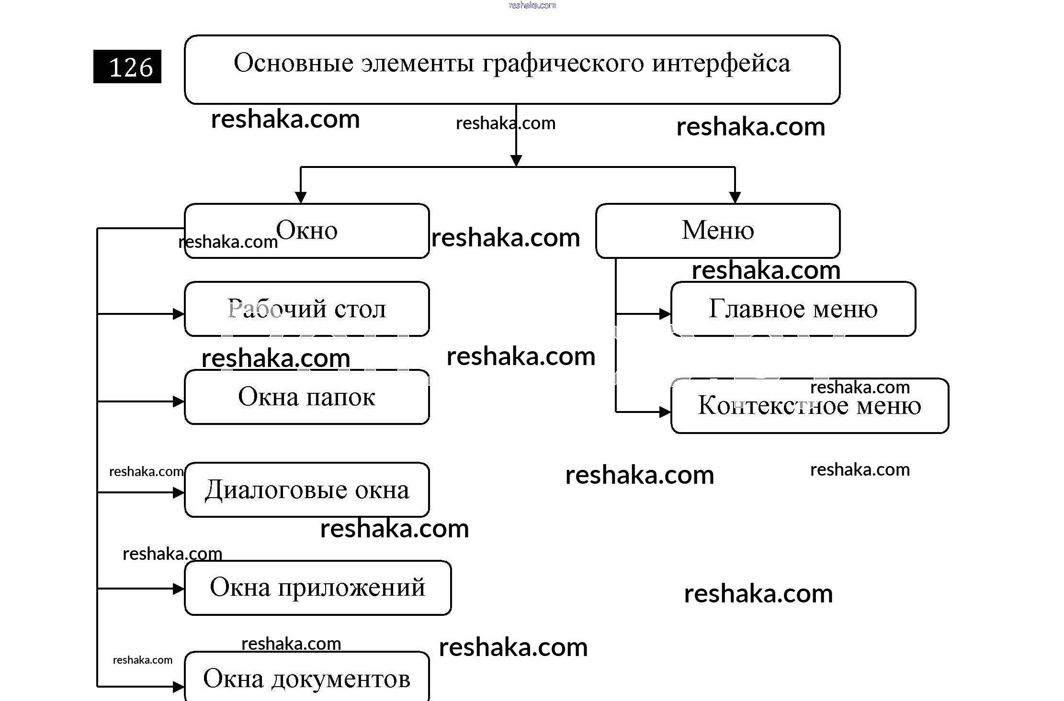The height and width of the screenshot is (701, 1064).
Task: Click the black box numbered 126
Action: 127,67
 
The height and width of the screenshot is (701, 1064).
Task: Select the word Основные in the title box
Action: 294,63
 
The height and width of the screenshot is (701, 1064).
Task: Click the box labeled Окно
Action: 306,231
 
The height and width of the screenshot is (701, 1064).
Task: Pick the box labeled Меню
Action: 717,231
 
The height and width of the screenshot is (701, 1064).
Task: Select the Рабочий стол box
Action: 306,309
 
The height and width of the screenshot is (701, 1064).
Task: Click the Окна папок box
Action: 306,397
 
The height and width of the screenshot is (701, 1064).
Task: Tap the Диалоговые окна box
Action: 306,490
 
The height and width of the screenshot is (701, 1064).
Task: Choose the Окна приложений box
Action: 317,588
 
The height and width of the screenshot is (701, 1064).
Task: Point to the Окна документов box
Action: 306,679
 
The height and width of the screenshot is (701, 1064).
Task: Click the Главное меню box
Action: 793,309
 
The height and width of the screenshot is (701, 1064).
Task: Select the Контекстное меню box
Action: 809,406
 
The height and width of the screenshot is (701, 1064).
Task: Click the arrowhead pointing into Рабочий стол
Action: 179,314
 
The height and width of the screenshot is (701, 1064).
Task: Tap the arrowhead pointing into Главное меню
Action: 665,314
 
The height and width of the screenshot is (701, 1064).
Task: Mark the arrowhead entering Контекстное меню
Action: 665,412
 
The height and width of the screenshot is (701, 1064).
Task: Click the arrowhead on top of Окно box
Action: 301,198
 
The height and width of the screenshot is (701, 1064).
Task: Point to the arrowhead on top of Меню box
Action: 735,198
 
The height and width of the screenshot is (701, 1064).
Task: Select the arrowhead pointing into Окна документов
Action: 179,687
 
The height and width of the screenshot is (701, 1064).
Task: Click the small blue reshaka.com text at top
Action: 532,5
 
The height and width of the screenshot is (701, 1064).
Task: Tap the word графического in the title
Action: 563,63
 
